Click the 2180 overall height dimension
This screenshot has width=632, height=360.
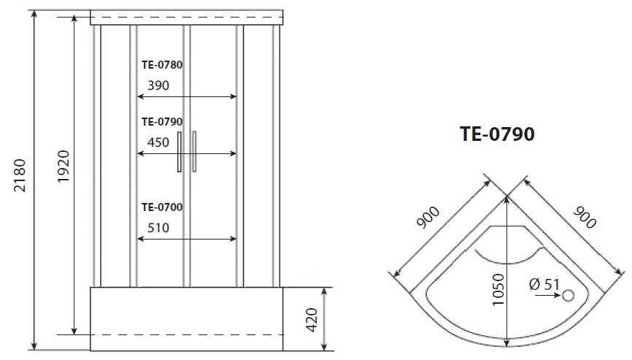(20, 175)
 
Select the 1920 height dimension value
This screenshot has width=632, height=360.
(63, 166)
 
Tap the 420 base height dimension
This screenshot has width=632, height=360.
(312, 320)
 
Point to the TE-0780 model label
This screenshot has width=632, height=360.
(162, 64)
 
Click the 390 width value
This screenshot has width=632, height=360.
(158, 85)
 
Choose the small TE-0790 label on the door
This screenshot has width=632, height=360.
(162, 121)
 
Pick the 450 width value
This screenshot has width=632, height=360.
(158, 142)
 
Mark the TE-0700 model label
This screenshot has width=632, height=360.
(162, 207)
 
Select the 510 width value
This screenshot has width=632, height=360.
(158, 228)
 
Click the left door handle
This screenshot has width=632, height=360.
(180, 152)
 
